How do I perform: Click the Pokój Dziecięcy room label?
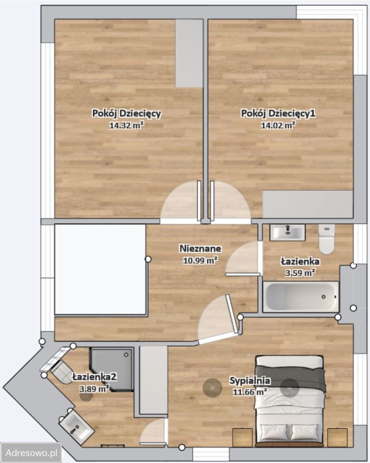(126, 114)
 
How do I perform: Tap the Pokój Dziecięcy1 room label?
(278, 114)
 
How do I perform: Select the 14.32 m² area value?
(126, 125)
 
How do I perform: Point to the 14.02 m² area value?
(278, 125)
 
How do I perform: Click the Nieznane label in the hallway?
(200, 248)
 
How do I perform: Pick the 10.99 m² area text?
(200, 260)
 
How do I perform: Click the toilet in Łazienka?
(326, 239)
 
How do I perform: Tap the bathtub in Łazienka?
(301, 297)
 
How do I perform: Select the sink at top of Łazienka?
(288, 232)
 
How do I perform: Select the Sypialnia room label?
(250, 381)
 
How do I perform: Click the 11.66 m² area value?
(250, 392)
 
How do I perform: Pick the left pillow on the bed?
(274, 432)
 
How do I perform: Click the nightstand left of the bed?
(243, 437)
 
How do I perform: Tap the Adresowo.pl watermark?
(31, 453)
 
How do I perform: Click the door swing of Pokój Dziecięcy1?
(230, 200)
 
